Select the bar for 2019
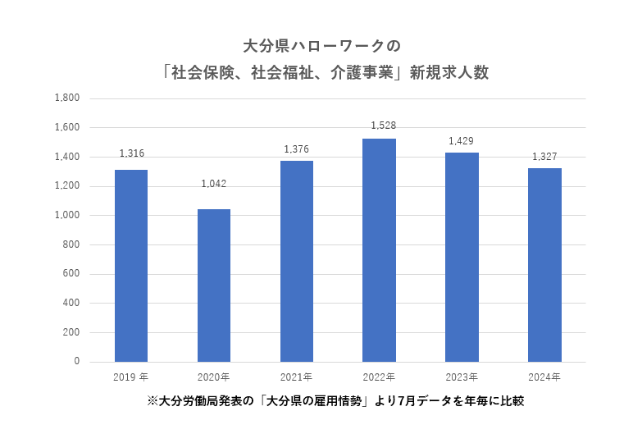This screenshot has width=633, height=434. pos(131,266)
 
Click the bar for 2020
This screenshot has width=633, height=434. pos(214,286)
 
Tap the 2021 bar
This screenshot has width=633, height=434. pos(297,261)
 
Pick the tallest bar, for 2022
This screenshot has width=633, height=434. pos(379,250)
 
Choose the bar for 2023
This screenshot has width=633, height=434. pos(462,257)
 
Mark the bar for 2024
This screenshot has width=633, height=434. pos(544,265)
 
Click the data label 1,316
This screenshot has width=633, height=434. pos(131,153)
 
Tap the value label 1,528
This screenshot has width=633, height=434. pos(379,126)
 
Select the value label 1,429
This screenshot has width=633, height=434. pos(462,141)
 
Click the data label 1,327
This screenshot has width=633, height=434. pos(544,156)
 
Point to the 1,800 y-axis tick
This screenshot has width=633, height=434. pos(66,98)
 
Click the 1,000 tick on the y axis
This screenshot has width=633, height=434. pos(66,216)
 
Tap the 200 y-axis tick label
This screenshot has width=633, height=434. pos(71,333)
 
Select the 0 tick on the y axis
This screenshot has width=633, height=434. pos(77,362)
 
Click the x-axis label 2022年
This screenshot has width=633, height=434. pos(379,377)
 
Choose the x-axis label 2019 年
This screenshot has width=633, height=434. pos(131,377)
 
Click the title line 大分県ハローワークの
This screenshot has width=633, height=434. pos(316,43)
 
